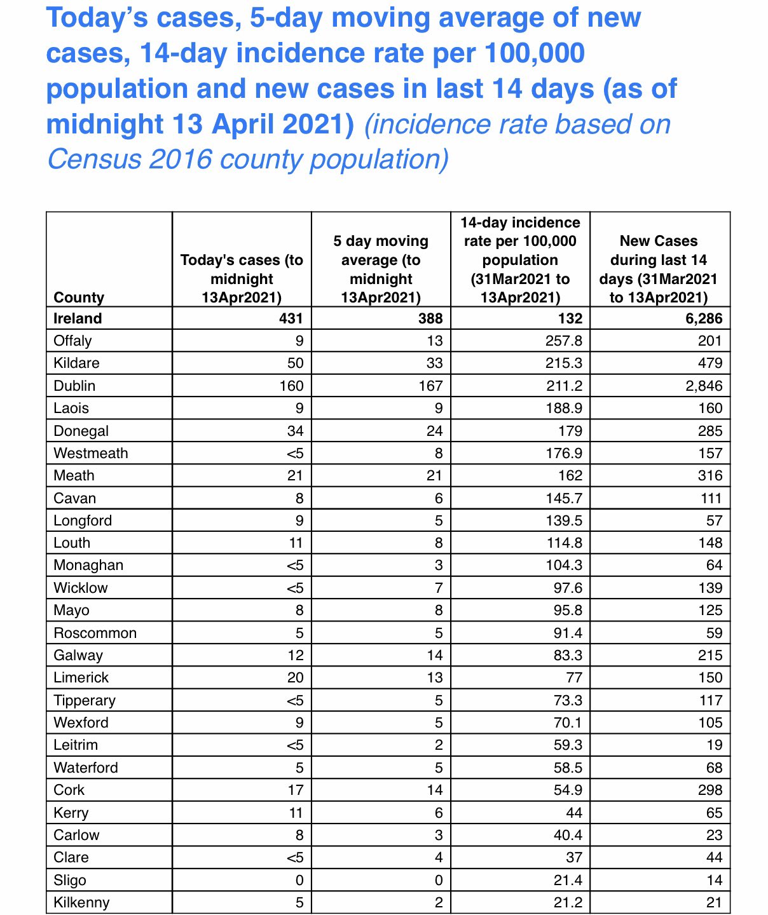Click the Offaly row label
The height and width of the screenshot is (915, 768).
pos(72,341)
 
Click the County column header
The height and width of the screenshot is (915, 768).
pos(79,297)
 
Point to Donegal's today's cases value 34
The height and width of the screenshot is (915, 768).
pos(294,431)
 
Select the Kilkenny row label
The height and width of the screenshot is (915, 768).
pos(81,902)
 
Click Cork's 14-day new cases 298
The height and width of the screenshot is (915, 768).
pos(710,790)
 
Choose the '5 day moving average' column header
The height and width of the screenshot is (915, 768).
pos(381,269)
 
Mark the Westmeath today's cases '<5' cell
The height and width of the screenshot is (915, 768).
pos(294,453)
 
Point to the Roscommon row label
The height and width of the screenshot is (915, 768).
pos(95,633)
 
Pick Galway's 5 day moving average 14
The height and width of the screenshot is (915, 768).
pos(434,655)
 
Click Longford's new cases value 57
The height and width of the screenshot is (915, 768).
pos(714,520)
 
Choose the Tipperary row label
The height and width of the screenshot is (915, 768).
pos(85,700)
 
